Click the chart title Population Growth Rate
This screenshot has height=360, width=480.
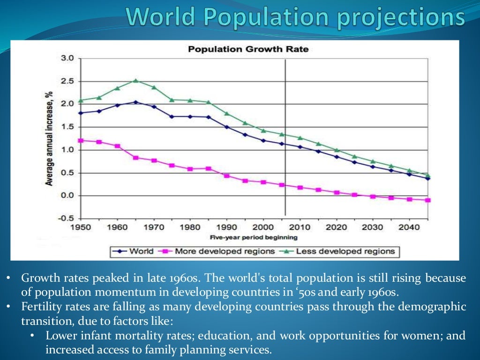point(248,49)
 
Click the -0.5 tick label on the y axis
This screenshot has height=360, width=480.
point(66,218)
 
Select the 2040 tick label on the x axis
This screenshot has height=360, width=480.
point(409,227)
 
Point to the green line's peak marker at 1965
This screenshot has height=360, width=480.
point(135,81)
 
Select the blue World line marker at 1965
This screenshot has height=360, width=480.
point(135,102)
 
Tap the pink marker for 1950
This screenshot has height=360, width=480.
point(81,140)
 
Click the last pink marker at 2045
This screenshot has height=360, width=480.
point(427,200)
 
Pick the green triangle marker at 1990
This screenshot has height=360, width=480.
point(227,113)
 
